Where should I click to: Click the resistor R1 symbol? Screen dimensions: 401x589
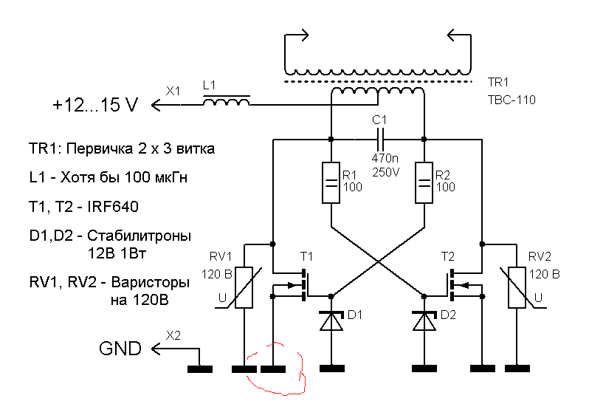pyautogui.click(x=331, y=183)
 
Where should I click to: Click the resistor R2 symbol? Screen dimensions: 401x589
pyautogui.click(x=424, y=183)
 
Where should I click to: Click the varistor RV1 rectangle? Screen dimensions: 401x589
pyautogui.click(x=244, y=287)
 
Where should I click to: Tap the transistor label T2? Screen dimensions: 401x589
pyautogui.click(x=448, y=257)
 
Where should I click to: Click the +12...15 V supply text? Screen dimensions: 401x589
pyautogui.click(x=95, y=106)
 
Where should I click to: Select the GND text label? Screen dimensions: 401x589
pyautogui.click(x=120, y=349)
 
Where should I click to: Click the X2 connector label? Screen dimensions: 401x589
pyautogui.click(x=173, y=335)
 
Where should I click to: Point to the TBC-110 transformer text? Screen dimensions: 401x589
pyautogui.click(x=511, y=99)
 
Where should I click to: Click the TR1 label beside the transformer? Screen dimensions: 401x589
pyautogui.click(x=498, y=83)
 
